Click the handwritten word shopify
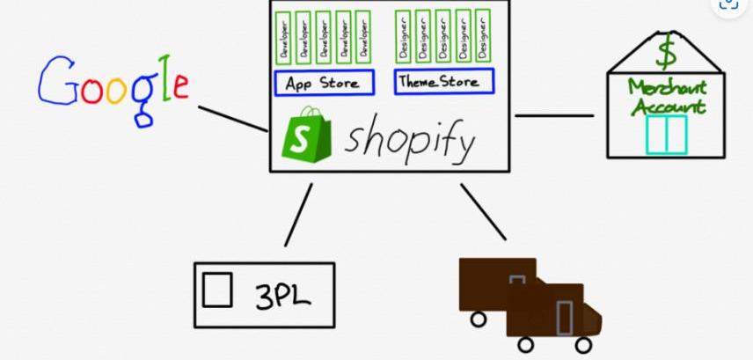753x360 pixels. (411, 139)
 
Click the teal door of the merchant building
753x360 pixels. (666, 135)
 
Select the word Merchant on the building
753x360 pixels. (668, 88)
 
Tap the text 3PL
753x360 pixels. (283, 295)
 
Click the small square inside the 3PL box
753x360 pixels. (217, 290)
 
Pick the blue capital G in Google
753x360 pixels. (56, 80)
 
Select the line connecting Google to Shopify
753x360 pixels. (233, 119)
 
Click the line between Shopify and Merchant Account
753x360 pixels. (554, 115)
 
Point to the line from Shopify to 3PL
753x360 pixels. (298, 215)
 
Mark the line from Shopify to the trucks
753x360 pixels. (483, 211)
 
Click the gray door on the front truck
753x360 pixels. (564, 318)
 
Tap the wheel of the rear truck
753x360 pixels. (478, 320)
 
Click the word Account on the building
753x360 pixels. (668, 107)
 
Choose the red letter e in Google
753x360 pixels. (180, 86)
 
